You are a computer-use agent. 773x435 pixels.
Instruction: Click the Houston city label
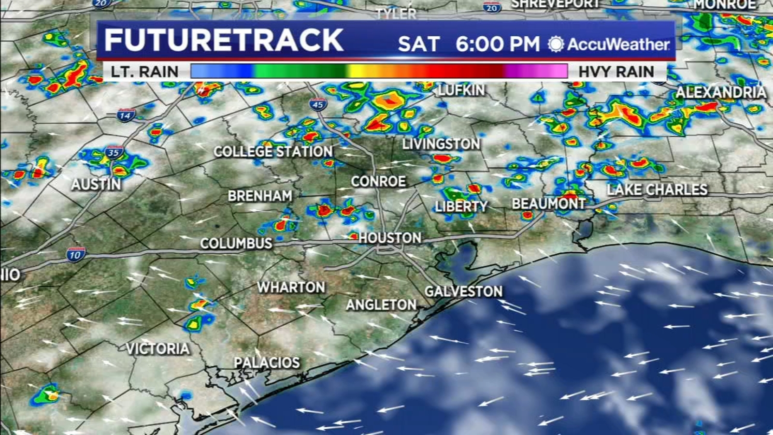[x=390, y=238]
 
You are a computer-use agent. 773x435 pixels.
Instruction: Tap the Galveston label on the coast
[x=463, y=291]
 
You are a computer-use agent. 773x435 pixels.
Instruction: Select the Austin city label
[x=96, y=184]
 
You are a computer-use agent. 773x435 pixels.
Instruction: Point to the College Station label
[x=273, y=151]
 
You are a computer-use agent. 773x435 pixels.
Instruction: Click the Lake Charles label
[x=657, y=189]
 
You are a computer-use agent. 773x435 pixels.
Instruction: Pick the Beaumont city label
[x=548, y=204]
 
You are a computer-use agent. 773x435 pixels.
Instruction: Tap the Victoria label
[x=158, y=348]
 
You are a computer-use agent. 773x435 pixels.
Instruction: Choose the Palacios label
[x=267, y=362]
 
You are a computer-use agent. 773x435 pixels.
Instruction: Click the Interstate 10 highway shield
[x=75, y=254]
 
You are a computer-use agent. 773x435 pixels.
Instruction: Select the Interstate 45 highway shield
[x=318, y=104]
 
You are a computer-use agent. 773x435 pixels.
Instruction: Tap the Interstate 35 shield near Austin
[x=114, y=153]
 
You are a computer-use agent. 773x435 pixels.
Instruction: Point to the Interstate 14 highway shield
[x=125, y=115]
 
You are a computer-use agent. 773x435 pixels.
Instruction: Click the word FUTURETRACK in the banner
[x=224, y=40]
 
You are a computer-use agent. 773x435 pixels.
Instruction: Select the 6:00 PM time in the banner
[x=497, y=44]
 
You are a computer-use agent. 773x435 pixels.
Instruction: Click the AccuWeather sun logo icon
[x=556, y=44]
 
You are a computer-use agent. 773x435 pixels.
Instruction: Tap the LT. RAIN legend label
[x=144, y=72]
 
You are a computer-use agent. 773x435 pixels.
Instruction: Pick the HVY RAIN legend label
[x=616, y=72]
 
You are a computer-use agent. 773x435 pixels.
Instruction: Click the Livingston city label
[x=441, y=144]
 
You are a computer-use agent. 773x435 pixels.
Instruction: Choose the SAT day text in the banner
[x=418, y=44]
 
